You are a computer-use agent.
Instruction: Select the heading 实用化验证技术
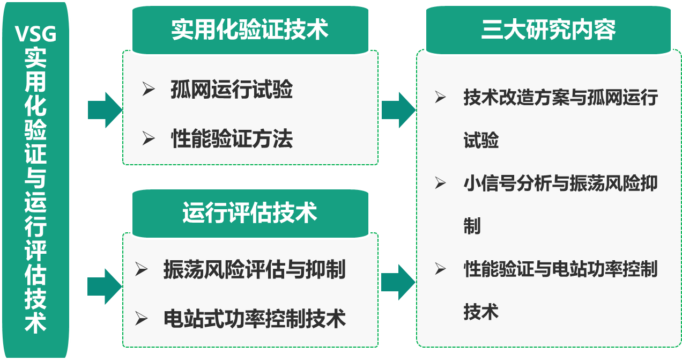(x=250, y=30)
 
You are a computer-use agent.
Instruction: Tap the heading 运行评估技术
(x=250, y=212)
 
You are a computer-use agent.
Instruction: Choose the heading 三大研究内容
(x=548, y=30)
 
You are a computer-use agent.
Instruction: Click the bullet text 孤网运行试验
(x=232, y=90)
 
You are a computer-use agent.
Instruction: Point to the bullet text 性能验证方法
(x=232, y=139)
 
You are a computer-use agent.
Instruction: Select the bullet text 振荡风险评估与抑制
(x=254, y=269)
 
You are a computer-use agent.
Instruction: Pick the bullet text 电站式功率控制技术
(x=254, y=319)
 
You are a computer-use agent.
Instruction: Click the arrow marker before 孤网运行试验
(x=149, y=90)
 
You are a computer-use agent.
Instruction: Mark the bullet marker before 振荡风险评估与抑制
(x=142, y=269)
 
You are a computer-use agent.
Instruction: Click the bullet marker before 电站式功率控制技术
(x=142, y=319)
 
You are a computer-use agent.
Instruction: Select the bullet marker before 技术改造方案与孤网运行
(x=440, y=98)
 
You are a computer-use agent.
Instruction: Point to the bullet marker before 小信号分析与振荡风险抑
(x=440, y=183)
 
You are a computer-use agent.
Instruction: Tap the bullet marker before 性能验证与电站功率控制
(x=440, y=269)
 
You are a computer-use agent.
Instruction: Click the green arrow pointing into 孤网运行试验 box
(x=105, y=110)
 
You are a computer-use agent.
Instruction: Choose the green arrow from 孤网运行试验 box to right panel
(x=398, y=110)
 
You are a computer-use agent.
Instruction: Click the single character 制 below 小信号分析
(x=472, y=226)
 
